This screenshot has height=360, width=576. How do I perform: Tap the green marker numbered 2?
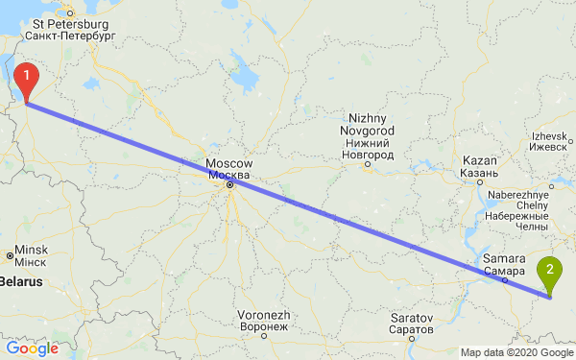(x=550, y=272)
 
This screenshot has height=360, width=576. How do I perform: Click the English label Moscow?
(x=229, y=163)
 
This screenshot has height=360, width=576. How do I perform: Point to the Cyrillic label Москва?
(x=229, y=176)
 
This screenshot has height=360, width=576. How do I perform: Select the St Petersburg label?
(x=68, y=20)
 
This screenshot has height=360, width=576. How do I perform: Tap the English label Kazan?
(x=479, y=160)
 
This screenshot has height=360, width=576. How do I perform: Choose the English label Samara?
(x=504, y=259)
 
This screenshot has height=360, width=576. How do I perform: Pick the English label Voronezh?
(x=264, y=314)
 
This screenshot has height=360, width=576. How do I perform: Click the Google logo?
(x=32, y=348)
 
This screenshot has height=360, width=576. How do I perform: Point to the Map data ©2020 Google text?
(x=516, y=351)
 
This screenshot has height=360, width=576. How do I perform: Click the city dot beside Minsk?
(x=10, y=255)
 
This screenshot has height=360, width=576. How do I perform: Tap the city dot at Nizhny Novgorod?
(x=368, y=164)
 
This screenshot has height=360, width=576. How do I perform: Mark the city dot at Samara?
(x=503, y=282)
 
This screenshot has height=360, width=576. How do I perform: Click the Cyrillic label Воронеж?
(x=264, y=326)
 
